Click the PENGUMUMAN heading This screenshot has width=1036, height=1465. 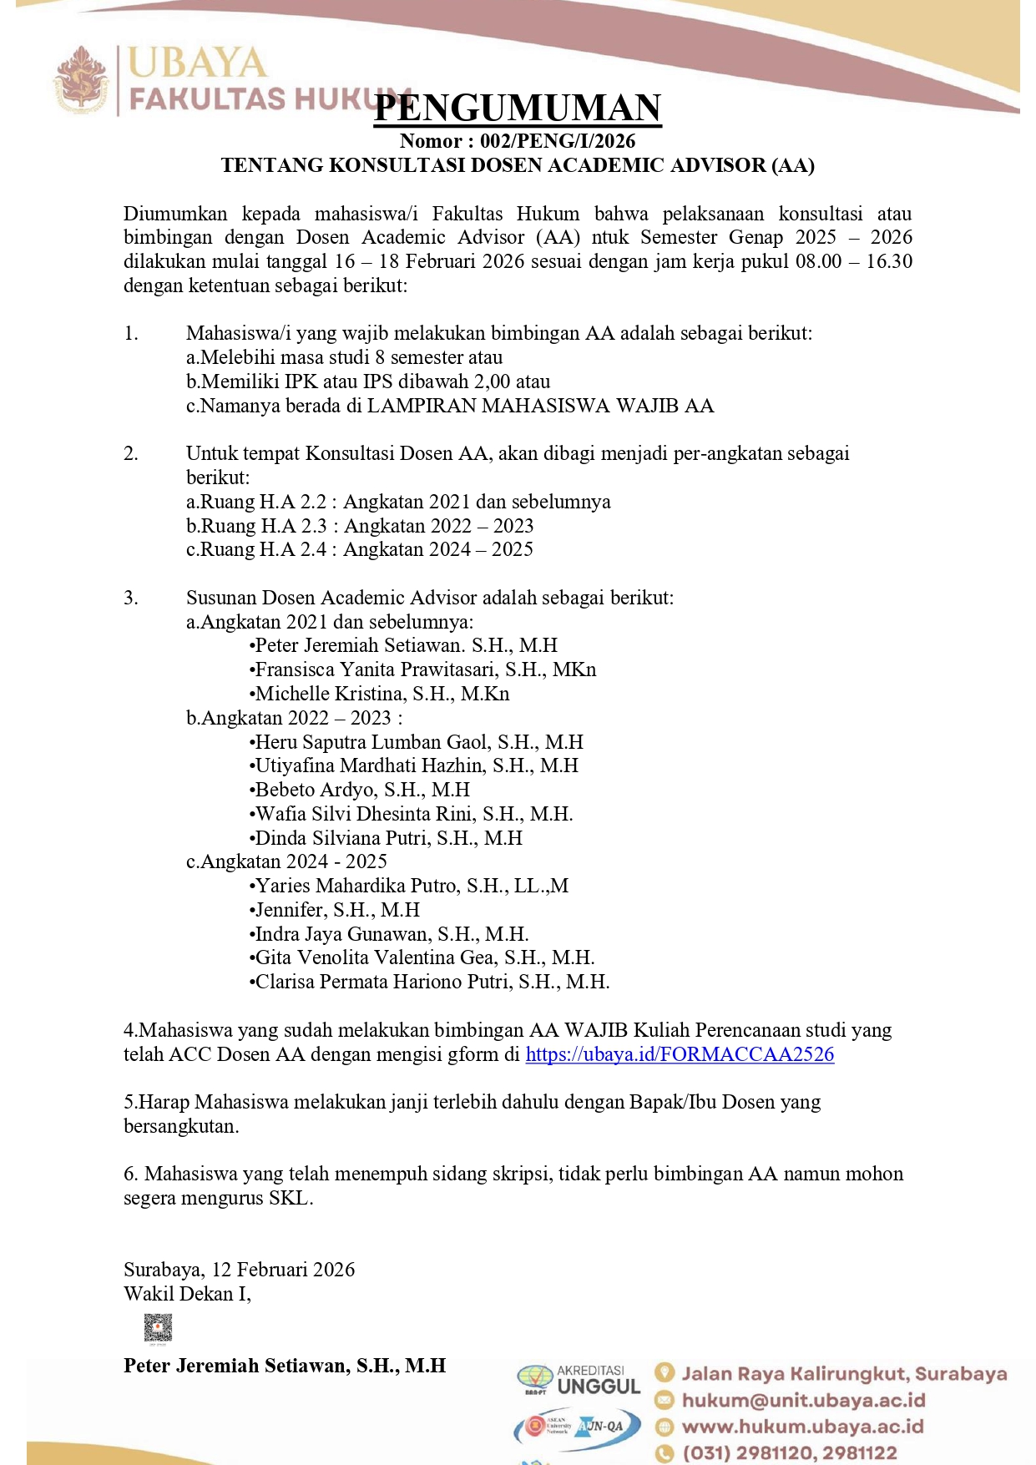click(x=518, y=109)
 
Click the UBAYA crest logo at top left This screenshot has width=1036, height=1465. click(x=81, y=80)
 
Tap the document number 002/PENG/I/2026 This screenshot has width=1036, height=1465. click(x=558, y=141)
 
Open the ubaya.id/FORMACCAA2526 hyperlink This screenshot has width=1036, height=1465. click(x=680, y=1054)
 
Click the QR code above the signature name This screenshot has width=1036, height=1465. click(x=158, y=1327)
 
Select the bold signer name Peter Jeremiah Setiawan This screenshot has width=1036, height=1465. click(x=285, y=1366)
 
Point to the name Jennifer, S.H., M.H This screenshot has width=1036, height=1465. click(x=337, y=910)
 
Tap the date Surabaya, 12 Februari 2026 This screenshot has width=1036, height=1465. click(x=240, y=1270)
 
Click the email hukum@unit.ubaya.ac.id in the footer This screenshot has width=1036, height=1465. click(x=803, y=1400)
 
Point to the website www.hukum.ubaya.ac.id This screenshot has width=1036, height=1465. click(x=802, y=1427)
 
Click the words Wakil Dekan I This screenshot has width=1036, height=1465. click(x=187, y=1294)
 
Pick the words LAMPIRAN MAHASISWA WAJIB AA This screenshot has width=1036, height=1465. click(x=540, y=406)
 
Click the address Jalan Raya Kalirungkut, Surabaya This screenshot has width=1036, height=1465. click(x=844, y=1373)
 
